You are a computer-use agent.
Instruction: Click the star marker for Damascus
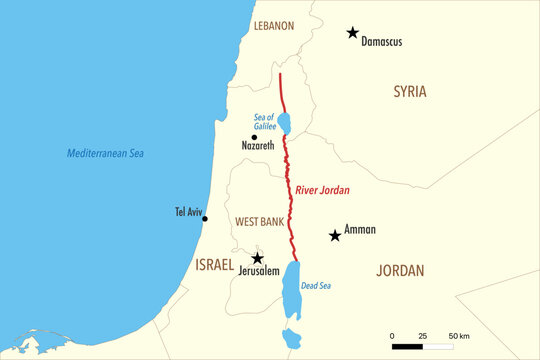pyautogui.click(x=352, y=33)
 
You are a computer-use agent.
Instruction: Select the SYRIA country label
pyautogui.click(x=409, y=92)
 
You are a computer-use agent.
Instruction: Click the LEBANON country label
pyautogui.click(x=274, y=25)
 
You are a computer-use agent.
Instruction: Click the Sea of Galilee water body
pyautogui.click(x=284, y=123)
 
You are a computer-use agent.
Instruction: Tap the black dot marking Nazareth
pyautogui.click(x=254, y=137)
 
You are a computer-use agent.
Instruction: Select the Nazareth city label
pyautogui.click(x=258, y=146)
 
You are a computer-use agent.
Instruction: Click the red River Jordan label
pyautogui.click(x=322, y=189)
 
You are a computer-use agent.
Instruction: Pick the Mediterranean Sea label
pyautogui.click(x=106, y=153)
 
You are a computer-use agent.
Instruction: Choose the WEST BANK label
pyautogui.click(x=258, y=220)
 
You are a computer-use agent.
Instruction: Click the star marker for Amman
pyautogui.click(x=334, y=236)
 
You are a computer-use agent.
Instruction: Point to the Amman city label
pyautogui.click(x=360, y=230)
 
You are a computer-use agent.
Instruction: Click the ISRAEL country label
pyautogui.click(x=214, y=265)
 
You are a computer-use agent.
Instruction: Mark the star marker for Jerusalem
pyautogui.click(x=257, y=258)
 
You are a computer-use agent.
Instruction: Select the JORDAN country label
pyautogui.click(x=399, y=271)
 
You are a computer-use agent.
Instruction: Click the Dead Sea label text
pyautogui.click(x=315, y=285)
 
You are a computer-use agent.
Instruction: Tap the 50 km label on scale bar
pyautogui.click(x=459, y=335)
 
